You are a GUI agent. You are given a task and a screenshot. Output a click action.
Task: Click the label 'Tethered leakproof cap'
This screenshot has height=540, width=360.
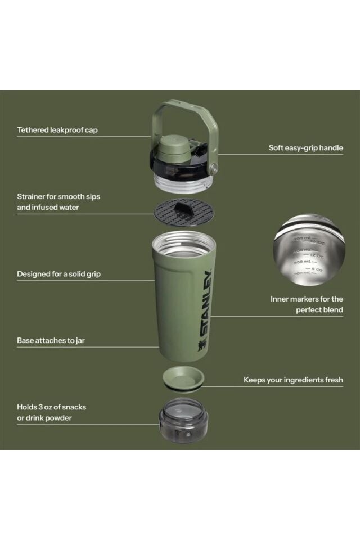(x=57, y=130)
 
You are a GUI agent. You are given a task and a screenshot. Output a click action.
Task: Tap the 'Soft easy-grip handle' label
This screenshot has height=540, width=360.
(x=305, y=148)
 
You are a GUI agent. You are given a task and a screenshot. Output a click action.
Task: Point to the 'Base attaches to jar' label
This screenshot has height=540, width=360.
(x=51, y=340)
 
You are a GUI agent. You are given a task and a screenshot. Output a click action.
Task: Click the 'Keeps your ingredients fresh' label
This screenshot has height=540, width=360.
(x=293, y=380)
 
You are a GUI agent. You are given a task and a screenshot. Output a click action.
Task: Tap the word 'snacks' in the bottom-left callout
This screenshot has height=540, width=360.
(x=74, y=407)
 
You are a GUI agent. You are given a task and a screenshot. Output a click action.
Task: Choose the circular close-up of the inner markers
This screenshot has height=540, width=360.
(x=309, y=249)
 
